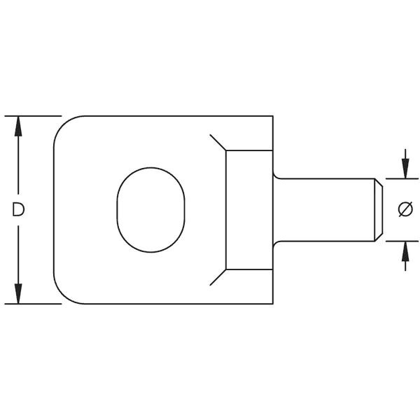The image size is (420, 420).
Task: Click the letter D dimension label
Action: click(x=19, y=209)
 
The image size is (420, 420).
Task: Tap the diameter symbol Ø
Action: click(x=405, y=209)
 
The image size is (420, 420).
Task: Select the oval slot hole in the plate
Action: click(x=150, y=209)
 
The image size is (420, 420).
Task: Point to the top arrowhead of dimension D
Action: click(x=19, y=125)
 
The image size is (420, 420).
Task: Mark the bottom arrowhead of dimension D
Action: click(x=19, y=295)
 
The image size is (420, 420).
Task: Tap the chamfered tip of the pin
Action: click(x=378, y=209)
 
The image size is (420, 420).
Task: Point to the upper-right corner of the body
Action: click(x=272, y=116)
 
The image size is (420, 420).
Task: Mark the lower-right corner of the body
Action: click(x=272, y=303)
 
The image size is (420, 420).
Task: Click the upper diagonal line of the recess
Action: click(x=218, y=142)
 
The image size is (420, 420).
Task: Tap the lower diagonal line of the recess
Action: click(x=218, y=277)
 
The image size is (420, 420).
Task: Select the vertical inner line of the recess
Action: click(x=225, y=209)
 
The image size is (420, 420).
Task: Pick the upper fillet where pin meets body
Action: click(x=275, y=175)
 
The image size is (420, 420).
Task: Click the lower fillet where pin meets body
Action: click(x=275, y=244)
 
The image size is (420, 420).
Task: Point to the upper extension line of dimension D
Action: click(x=31, y=115)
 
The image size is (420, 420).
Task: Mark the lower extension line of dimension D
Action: click(x=31, y=304)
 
